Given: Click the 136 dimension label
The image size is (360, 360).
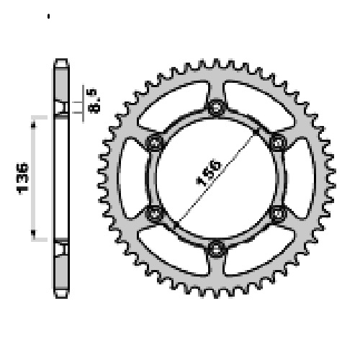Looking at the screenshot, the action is point(22,179).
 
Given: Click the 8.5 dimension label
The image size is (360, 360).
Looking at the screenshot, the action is point(94,101).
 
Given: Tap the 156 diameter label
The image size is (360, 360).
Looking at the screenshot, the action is point(208,172).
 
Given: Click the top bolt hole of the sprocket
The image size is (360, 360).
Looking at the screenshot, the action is point(216,107).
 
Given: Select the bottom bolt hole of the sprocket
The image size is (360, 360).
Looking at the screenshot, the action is point(216,249).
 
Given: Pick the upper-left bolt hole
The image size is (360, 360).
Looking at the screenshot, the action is point(155,143).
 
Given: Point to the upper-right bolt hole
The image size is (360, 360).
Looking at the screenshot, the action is point(278,143).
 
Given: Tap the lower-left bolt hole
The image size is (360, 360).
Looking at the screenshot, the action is point(155,213).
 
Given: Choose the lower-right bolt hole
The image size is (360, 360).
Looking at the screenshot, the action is point(278,213).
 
